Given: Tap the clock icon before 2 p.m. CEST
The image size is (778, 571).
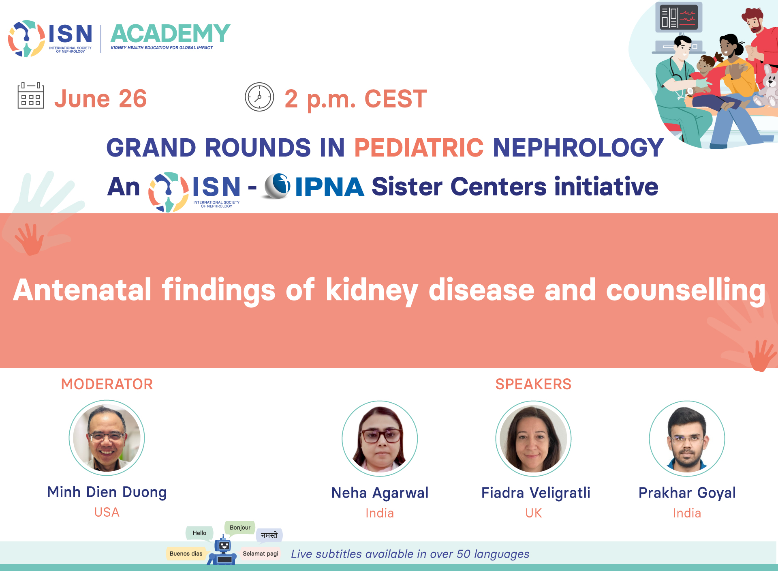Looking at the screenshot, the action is (x=259, y=97).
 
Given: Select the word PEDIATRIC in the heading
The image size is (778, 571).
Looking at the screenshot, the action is (x=419, y=147).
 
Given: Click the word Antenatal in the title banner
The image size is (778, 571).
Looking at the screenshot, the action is (x=82, y=290).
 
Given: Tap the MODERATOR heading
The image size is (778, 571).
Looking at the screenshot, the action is (x=107, y=384).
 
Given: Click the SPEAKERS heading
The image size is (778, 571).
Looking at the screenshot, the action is (x=533, y=384).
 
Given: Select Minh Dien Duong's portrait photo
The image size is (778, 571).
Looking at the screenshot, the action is (x=107, y=438).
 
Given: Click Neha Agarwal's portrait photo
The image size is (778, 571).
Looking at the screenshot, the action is (x=380, y=438).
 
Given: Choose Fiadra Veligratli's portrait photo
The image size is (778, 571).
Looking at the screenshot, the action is (x=533, y=438).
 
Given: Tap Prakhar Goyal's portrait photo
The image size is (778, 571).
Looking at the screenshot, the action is (x=687, y=438).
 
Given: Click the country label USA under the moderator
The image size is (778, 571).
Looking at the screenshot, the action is (x=107, y=512).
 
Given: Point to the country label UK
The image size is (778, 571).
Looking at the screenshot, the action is (x=533, y=513).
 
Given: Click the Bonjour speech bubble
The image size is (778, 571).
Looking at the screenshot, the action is (x=240, y=528).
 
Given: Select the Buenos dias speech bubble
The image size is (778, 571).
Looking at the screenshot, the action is (x=186, y=554).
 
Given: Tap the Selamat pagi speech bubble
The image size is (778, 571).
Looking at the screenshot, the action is (x=261, y=554).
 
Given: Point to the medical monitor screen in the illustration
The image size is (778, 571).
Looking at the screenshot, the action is (x=679, y=17).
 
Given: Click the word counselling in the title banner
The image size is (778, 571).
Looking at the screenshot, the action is (x=686, y=290).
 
